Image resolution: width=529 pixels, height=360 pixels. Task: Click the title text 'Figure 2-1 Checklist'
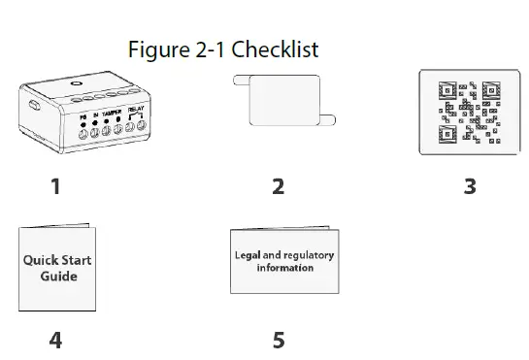(223, 49)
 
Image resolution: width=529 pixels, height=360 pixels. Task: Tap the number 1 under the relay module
(55, 185)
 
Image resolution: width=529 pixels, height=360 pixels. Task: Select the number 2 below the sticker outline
(279, 185)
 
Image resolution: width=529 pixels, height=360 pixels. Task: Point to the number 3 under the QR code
(470, 185)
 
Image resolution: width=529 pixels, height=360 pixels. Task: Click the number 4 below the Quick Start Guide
(55, 340)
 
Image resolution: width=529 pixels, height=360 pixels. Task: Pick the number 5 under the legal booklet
(279, 340)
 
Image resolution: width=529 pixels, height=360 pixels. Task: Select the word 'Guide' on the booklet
(59, 277)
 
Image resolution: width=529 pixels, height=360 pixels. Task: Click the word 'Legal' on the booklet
(248, 255)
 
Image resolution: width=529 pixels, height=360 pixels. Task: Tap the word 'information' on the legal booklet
(284, 268)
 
